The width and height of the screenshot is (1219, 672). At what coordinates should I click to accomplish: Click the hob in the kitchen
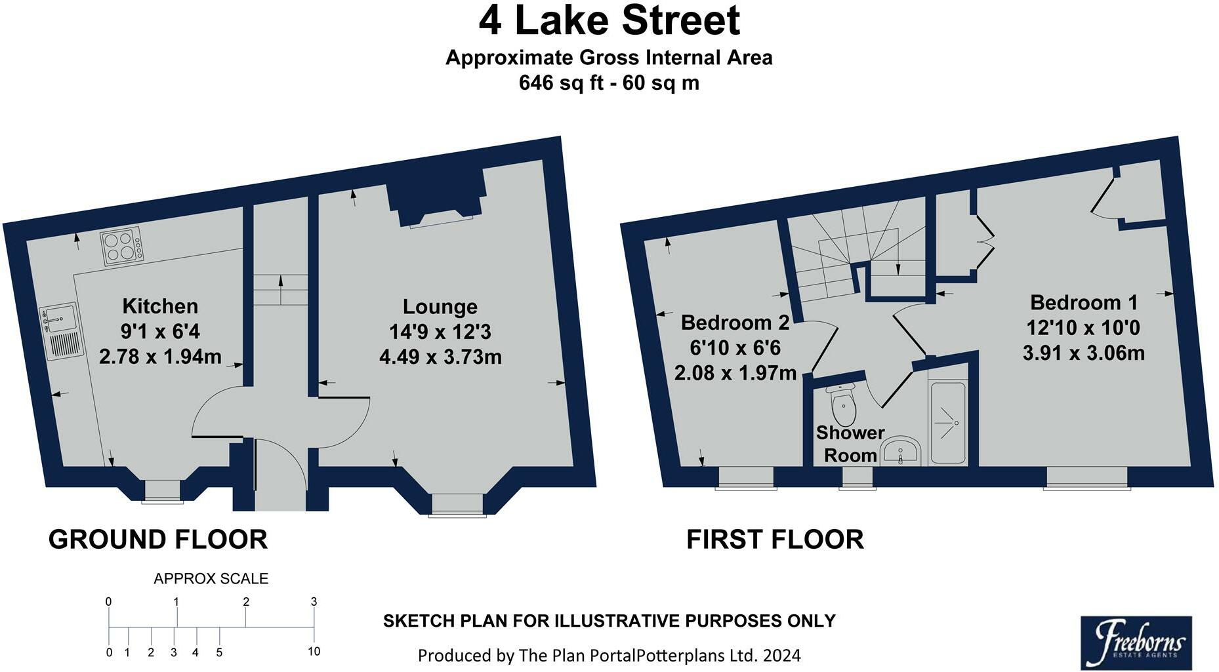pyautogui.click(x=122, y=247)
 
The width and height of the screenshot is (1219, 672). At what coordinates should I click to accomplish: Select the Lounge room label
pyautogui.click(x=440, y=306)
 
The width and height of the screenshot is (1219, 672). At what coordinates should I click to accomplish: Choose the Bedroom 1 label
pyautogui.click(x=1083, y=302)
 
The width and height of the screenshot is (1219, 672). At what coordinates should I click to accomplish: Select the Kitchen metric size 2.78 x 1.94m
pyautogui.click(x=160, y=357)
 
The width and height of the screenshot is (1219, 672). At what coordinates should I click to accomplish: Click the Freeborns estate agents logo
pyautogui.click(x=1136, y=642)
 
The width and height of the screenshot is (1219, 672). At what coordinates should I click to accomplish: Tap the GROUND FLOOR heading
pyautogui.click(x=157, y=540)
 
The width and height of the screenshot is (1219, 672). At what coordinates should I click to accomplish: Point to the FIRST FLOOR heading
pyautogui.click(x=775, y=540)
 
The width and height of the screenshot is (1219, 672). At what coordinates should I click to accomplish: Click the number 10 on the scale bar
pyautogui.click(x=314, y=651)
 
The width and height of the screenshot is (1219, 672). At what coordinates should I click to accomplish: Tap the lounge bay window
pyautogui.click(x=457, y=505)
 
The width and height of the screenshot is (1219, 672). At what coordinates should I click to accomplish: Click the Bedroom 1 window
pyautogui.click(x=1087, y=477)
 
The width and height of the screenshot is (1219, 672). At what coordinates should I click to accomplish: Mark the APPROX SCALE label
pyautogui.click(x=211, y=578)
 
